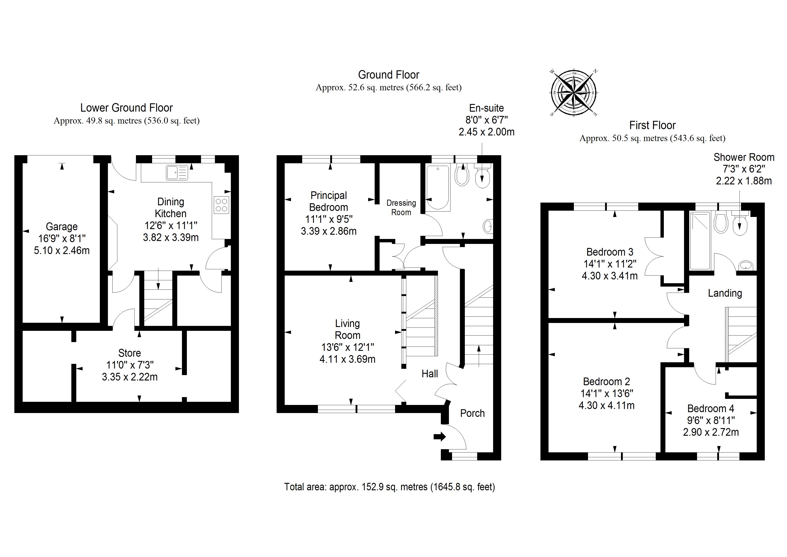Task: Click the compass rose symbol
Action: (573, 93)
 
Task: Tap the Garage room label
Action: (62, 227)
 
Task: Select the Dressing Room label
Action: (401, 208)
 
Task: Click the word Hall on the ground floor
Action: (429, 374)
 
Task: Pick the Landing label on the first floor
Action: (725, 293)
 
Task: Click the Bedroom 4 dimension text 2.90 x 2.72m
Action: (710, 432)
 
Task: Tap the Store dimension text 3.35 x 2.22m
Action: (130, 377)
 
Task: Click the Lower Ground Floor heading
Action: (127, 108)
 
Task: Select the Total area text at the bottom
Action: (389, 487)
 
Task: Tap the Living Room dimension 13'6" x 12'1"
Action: (347, 347)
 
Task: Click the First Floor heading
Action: (652, 125)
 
